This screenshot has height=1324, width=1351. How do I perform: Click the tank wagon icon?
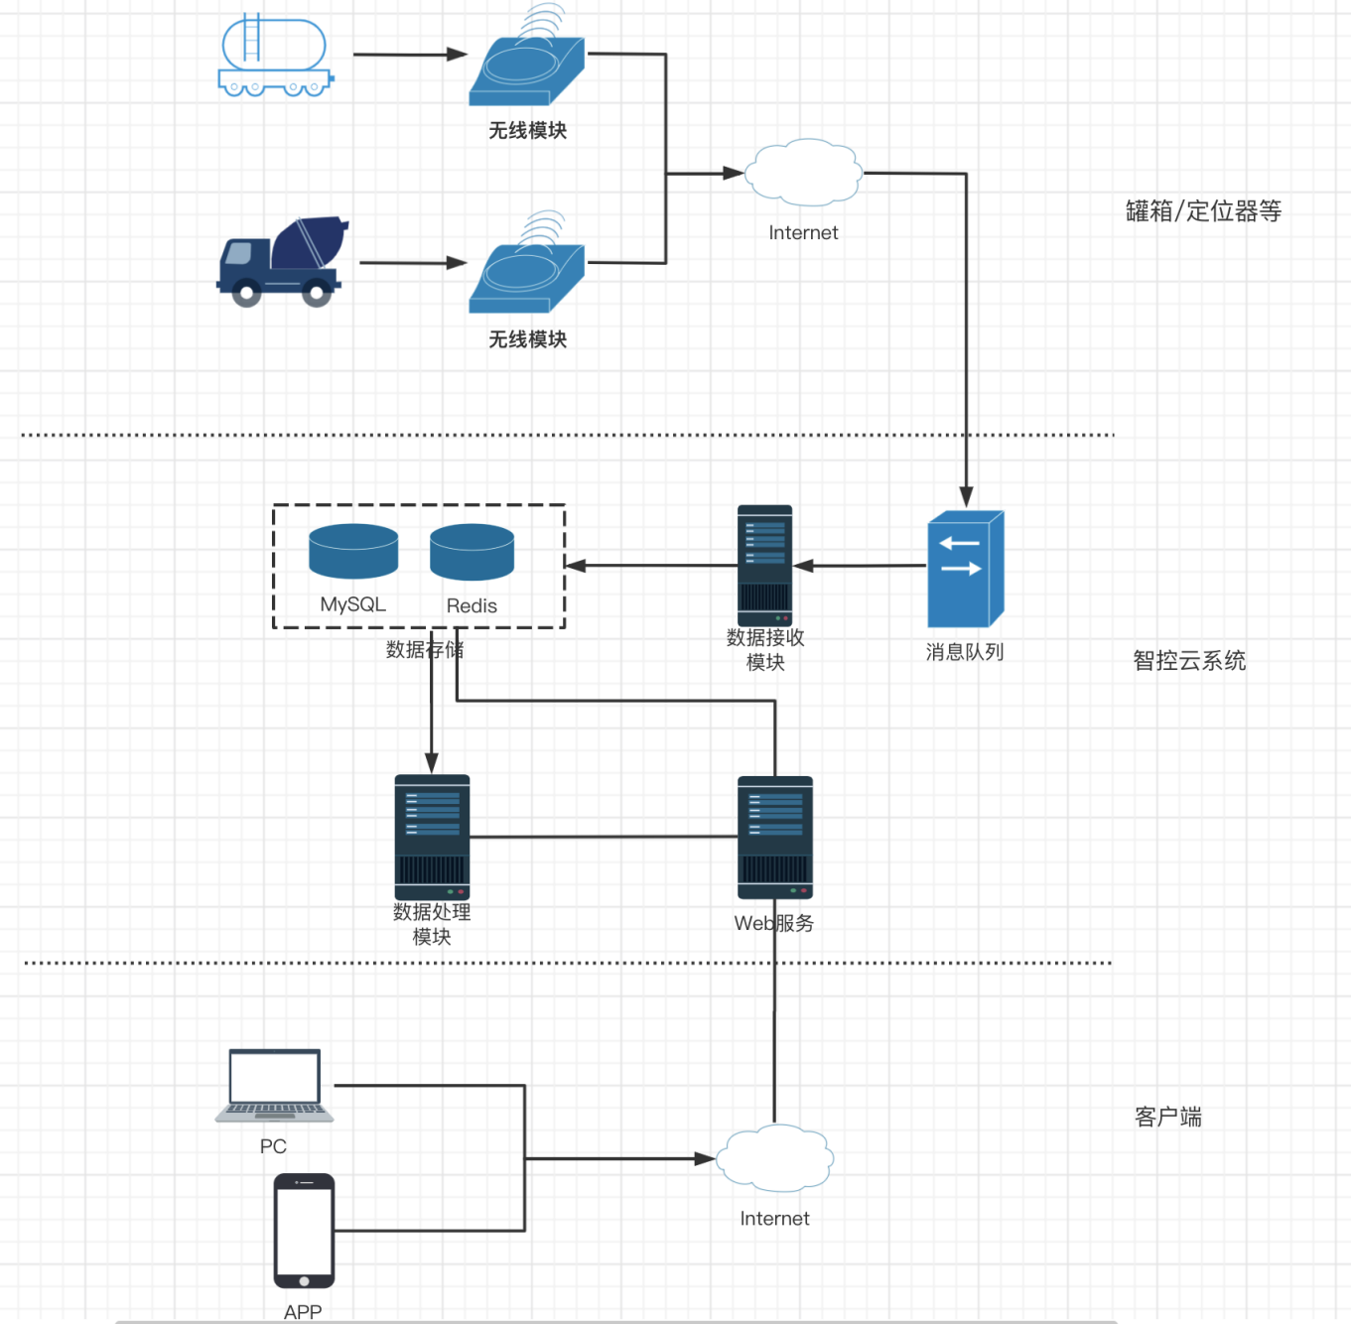(276, 56)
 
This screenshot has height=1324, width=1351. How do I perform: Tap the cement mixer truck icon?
(282, 261)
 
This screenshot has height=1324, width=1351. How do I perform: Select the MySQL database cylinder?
(353, 551)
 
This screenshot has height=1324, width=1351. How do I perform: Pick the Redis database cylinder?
(472, 552)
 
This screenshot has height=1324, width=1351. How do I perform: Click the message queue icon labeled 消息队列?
(965, 569)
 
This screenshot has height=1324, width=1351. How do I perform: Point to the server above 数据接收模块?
(764, 565)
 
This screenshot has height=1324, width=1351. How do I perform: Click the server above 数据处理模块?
(432, 837)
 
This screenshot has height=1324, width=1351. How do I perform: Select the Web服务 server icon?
(775, 838)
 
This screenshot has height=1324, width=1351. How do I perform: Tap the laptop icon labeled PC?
(275, 1086)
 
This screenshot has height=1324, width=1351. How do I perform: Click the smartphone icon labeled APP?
(304, 1231)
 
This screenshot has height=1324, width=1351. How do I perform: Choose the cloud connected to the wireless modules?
(803, 174)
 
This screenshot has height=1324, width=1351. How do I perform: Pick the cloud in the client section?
(774, 1158)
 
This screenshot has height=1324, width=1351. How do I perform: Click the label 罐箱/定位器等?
(1203, 211)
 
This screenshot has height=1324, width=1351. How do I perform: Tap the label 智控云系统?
(1189, 661)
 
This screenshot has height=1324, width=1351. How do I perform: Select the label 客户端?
(1168, 1118)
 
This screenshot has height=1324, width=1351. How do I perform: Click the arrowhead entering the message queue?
(966, 497)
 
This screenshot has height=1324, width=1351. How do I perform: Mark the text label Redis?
(472, 606)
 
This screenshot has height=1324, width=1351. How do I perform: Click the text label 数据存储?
(425, 650)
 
